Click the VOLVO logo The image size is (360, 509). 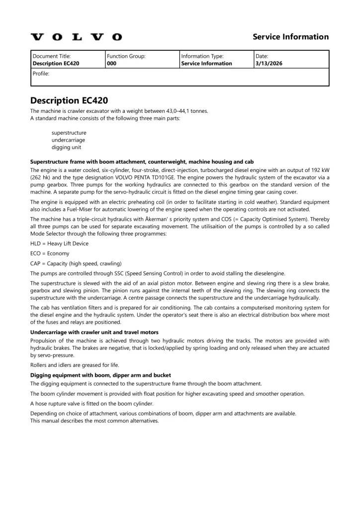(76, 37)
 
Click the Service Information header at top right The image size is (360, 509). (290, 37)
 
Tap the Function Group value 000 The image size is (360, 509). (111, 64)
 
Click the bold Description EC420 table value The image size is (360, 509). (56, 64)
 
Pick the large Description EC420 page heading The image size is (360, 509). (69, 100)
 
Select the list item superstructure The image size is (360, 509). (69, 133)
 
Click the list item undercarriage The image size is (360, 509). (68, 140)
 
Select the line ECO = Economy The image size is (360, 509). (50, 254)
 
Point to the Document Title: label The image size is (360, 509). (52, 56)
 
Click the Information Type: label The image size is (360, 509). (202, 56)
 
